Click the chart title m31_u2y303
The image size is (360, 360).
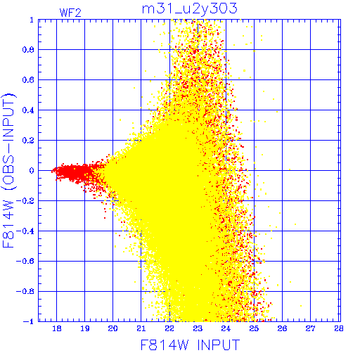(190, 9)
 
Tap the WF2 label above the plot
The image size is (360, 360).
(70, 13)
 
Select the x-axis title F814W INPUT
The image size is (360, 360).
(190, 345)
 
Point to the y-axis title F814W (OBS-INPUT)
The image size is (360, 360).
(8, 170)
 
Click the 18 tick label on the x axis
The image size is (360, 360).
(57, 328)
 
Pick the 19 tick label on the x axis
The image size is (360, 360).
(85, 328)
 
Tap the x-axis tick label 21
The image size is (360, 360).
(141, 328)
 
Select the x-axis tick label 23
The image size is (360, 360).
(198, 328)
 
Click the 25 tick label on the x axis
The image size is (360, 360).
(254, 328)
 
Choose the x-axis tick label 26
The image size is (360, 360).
(282, 328)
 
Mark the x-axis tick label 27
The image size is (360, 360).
(310, 328)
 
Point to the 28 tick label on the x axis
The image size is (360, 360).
(339, 328)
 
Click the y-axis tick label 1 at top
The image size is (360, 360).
(32, 20)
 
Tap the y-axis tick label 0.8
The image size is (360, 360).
(28, 50)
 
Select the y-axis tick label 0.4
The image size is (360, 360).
(28, 110)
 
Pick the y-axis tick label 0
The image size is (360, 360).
(32, 171)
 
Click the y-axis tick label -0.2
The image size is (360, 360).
(25, 201)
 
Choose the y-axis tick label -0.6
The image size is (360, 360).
(25, 262)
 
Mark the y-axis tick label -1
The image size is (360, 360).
(29, 321)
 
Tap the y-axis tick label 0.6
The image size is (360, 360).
(28, 80)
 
